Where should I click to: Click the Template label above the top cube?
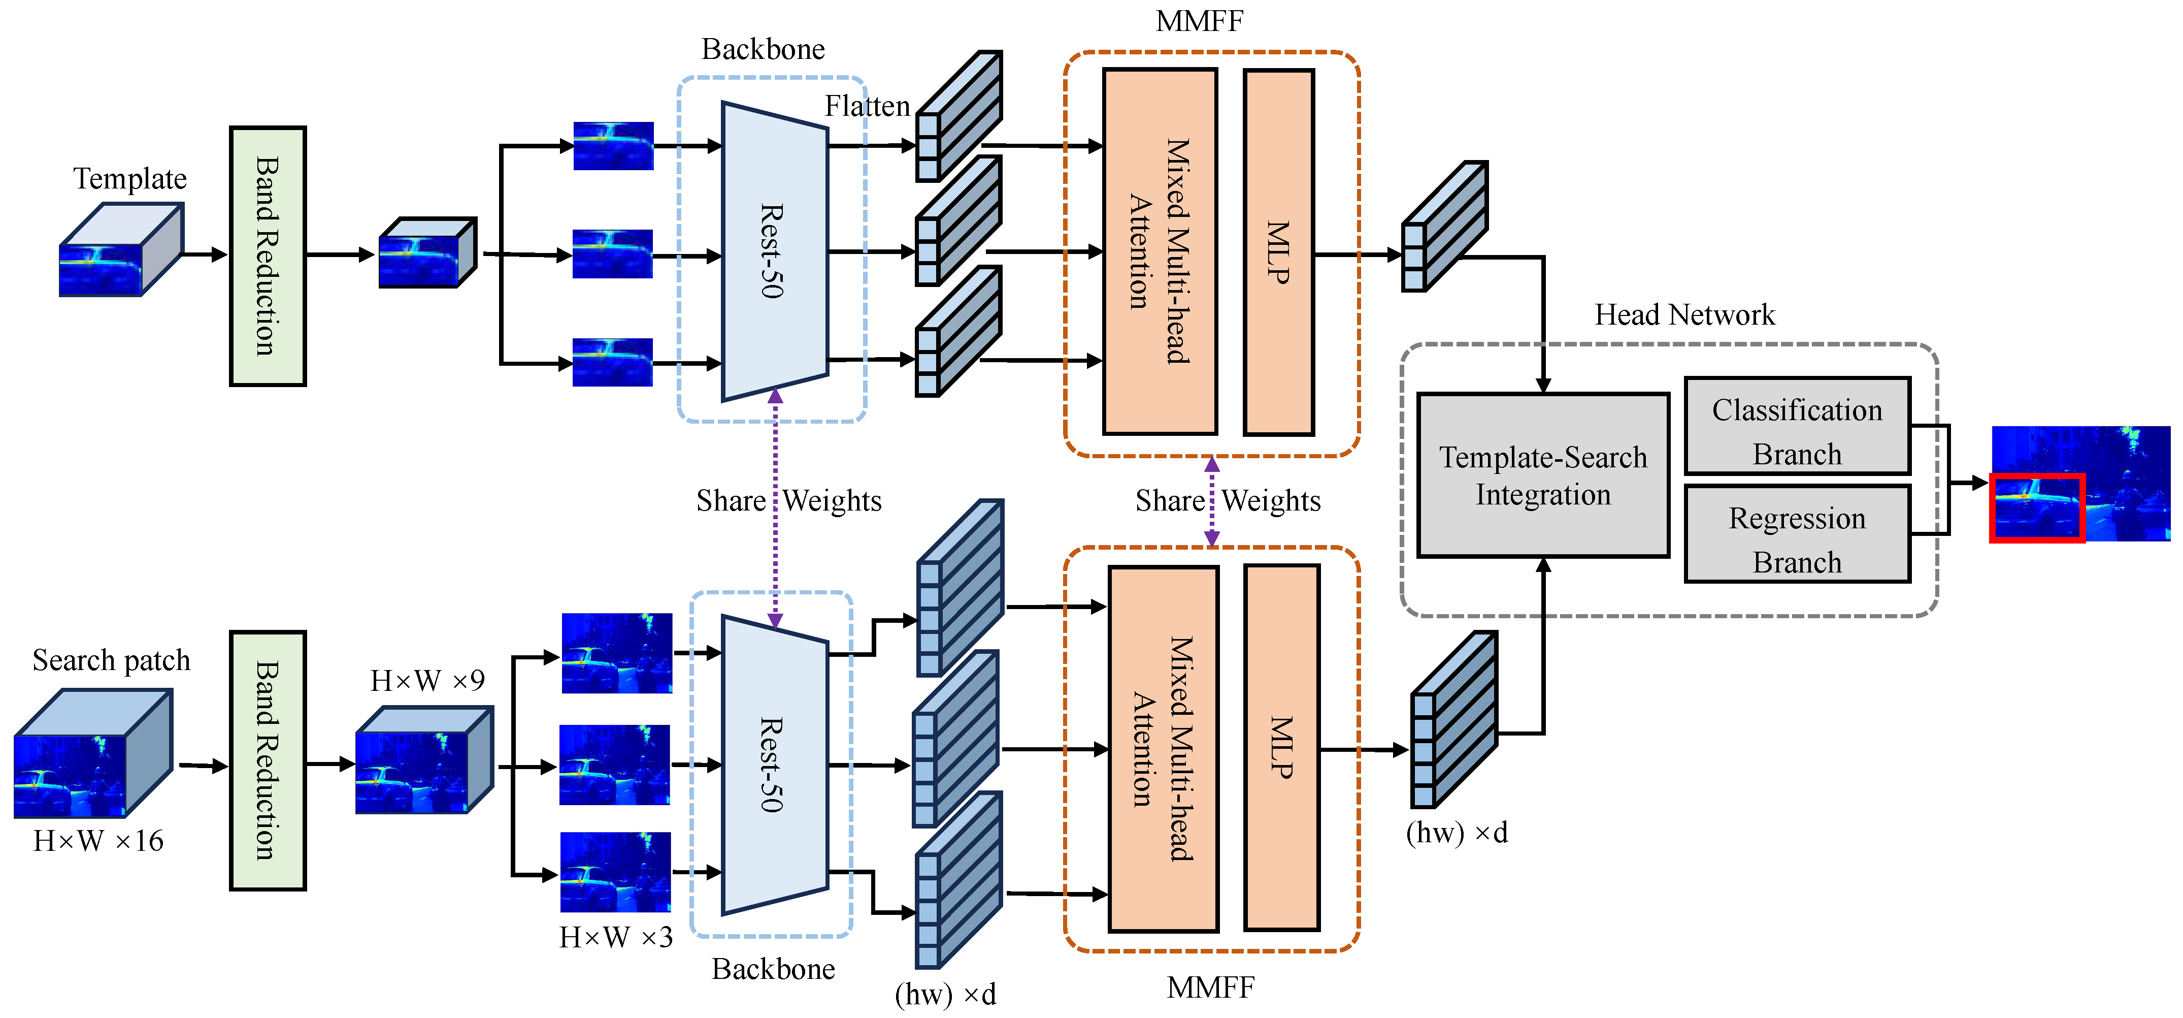(129, 179)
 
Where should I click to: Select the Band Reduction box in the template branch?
(268, 256)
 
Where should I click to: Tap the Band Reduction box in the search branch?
(268, 760)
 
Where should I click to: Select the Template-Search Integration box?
(1543, 475)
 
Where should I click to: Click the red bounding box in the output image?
(2036, 507)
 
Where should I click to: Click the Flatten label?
(867, 107)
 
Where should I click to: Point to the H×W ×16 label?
(98, 841)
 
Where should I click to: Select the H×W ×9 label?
(427, 681)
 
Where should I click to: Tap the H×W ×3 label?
(616, 937)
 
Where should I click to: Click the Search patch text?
(111, 660)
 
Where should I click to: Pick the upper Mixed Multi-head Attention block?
(1160, 252)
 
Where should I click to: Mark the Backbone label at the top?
(763, 50)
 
